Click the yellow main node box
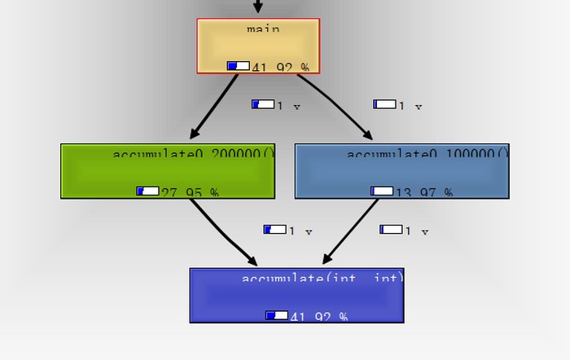(x=258, y=46)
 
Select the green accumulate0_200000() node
(x=168, y=172)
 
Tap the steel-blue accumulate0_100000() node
(x=401, y=172)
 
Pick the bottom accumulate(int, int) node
(x=297, y=296)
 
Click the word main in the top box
(x=263, y=29)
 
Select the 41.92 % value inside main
(x=281, y=67)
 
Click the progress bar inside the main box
(x=239, y=66)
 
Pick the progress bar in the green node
(x=147, y=191)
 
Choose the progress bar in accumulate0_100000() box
(x=382, y=191)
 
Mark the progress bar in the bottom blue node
(x=277, y=315)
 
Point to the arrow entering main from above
(x=258, y=7)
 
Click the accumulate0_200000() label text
(x=194, y=154)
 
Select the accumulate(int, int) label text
(x=322, y=279)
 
